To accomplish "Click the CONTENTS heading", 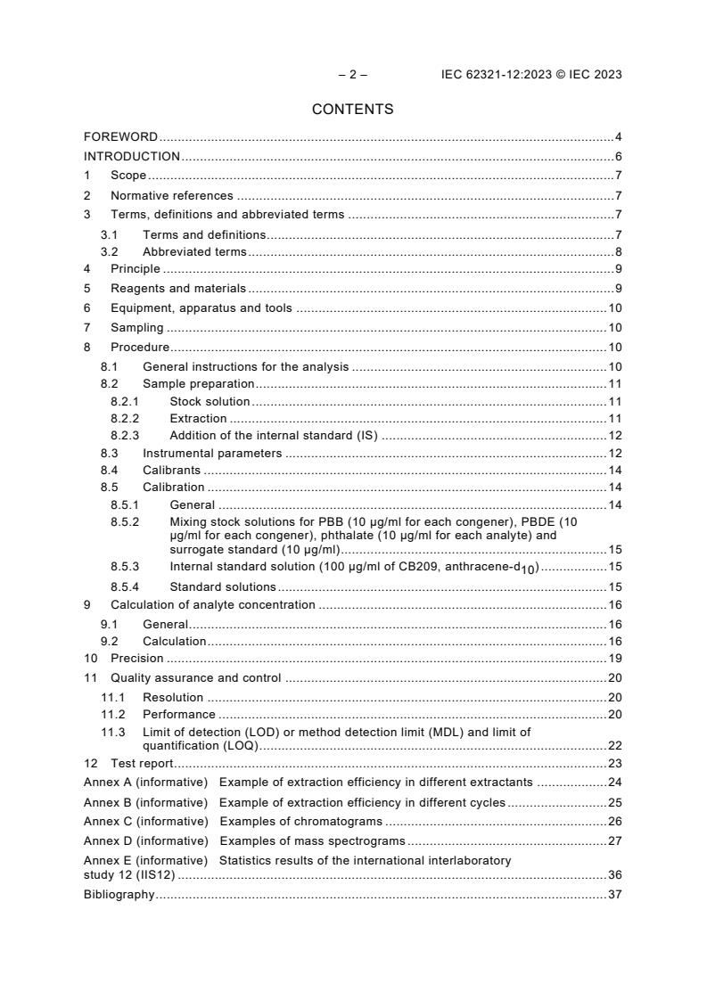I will pyautogui.click(x=352, y=110).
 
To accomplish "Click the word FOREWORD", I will pyautogui.click(x=120, y=137).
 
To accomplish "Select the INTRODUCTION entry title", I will pyautogui.click(x=132, y=156).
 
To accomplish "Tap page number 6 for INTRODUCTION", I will pyautogui.click(x=618, y=156).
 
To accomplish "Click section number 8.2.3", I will pyautogui.click(x=125, y=436).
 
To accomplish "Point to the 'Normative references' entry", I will pyautogui.click(x=171, y=195).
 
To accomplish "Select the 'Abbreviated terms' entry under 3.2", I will pyautogui.click(x=194, y=252).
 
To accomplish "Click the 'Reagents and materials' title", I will pyautogui.click(x=177, y=289).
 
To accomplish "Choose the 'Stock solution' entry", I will pyautogui.click(x=210, y=402).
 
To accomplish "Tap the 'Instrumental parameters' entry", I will pyautogui.click(x=212, y=454).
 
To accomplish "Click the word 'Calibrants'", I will pyautogui.click(x=171, y=471).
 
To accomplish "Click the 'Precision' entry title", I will pyautogui.click(x=136, y=659).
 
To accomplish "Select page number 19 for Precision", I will pyautogui.click(x=615, y=659).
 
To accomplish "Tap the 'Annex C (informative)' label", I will pyautogui.click(x=145, y=821).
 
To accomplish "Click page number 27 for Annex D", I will pyautogui.click(x=615, y=840).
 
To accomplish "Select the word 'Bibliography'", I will pyautogui.click(x=119, y=895).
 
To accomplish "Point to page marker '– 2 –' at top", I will pyautogui.click(x=352, y=75).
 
